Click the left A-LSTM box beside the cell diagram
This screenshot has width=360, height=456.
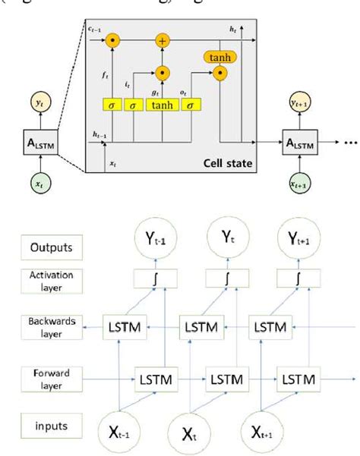[x=36, y=142]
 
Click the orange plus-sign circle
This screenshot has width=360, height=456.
[x=162, y=39]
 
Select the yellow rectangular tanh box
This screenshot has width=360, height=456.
[x=162, y=103]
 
